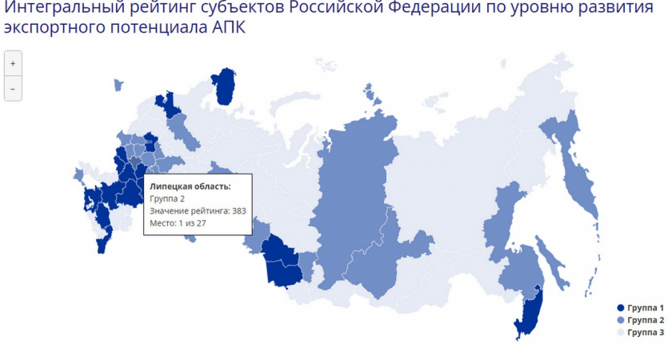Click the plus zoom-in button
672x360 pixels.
(x=13, y=63)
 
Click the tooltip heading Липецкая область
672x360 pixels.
(x=190, y=186)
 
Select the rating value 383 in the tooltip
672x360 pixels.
(x=238, y=211)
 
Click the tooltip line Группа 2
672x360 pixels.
(x=167, y=198)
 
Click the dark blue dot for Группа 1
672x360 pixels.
(x=619, y=308)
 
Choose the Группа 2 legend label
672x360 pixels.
(x=646, y=320)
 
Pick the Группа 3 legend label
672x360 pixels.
(x=646, y=332)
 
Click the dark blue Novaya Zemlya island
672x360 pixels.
(x=227, y=84)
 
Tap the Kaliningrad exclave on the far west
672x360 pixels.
(x=78, y=174)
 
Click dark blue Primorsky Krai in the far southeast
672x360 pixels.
(x=528, y=316)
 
